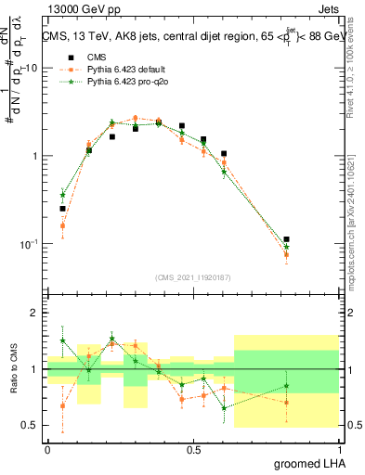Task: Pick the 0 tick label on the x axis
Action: (x=47, y=449)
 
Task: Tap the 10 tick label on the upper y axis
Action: (x=33, y=69)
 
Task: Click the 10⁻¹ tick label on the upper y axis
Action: (x=29, y=244)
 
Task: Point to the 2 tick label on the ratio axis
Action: (x=35, y=314)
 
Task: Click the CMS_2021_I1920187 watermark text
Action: (x=193, y=276)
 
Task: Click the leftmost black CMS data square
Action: (x=62, y=209)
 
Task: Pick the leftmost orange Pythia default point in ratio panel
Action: (x=62, y=405)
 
